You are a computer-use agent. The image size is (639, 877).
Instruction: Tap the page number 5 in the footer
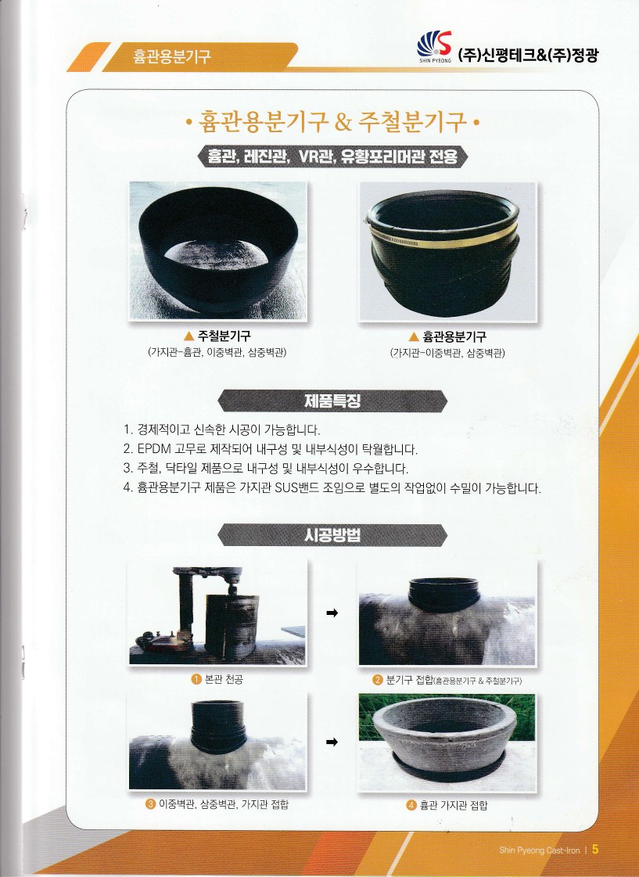click(595, 849)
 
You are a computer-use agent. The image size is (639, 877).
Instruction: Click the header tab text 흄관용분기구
click(171, 56)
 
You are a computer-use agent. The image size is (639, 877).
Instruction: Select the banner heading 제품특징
click(332, 401)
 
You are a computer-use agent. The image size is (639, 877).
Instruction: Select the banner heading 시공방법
click(332, 535)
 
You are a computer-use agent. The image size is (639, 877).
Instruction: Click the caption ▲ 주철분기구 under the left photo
click(217, 336)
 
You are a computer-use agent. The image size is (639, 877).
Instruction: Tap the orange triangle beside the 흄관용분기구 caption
click(414, 336)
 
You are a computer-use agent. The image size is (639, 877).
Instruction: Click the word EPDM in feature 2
click(154, 449)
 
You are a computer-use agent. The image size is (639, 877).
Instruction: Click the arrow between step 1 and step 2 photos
click(332, 613)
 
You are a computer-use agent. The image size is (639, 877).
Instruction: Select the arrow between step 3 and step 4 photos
click(332, 742)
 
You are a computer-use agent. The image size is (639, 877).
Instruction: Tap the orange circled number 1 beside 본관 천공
click(196, 679)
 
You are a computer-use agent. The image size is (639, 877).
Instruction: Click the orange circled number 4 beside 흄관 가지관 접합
click(411, 805)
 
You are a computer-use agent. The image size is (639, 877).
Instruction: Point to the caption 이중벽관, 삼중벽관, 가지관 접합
click(224, 804)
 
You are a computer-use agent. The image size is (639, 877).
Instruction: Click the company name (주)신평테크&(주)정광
click(528, 56)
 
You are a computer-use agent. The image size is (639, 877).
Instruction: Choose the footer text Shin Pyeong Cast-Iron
click(540, 850)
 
